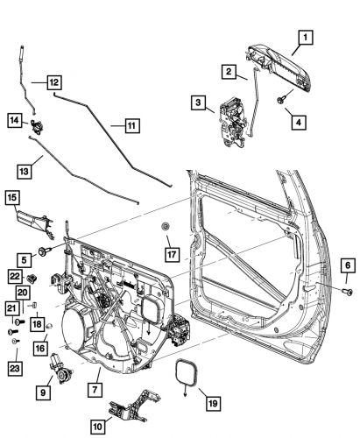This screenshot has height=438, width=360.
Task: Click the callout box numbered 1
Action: coord(305,37)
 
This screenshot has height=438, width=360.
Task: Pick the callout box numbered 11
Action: coord(130,126)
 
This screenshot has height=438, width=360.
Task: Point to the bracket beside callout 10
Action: coord(128,410)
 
